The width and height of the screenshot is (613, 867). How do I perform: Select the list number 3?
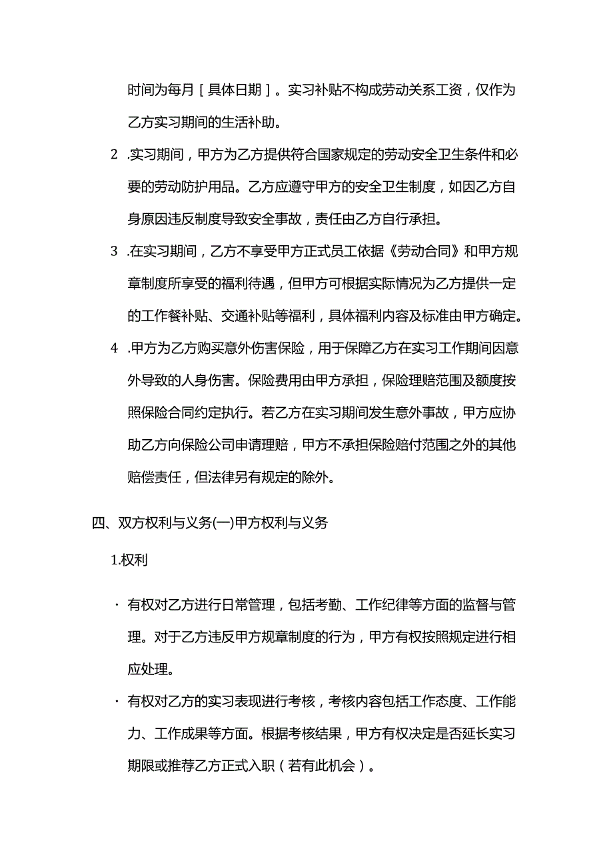(x=114, y=251)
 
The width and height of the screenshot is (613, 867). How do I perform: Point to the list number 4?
(x=114, y=348)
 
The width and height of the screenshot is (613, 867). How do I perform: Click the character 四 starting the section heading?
(x=98, y=523)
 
